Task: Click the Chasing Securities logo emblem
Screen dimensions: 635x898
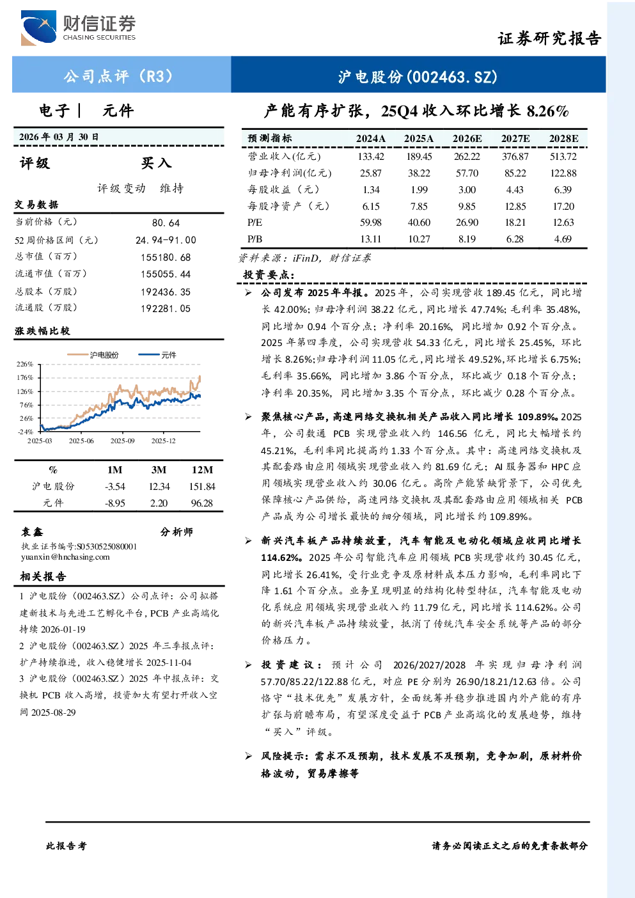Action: tap(39, 28)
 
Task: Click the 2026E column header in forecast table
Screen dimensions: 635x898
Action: tap(467, 139)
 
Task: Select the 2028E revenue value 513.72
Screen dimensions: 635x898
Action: tap(563, 156)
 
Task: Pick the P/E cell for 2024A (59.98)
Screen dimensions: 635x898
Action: tap(371, 223)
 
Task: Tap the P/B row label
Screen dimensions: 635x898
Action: tap(255, 239)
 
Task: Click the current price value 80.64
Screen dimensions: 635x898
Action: tap(166, 223)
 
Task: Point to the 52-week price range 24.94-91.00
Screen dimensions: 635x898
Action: tap(166, 240)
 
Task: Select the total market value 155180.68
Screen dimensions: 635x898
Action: tap(166, 257)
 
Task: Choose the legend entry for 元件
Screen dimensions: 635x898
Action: tap(157, 355)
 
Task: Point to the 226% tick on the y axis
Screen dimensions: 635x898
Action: tap(25, 364)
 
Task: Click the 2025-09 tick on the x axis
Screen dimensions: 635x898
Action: tap(122, 441)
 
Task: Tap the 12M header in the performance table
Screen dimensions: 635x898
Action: tap(202, 470)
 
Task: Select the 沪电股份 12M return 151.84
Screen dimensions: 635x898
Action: tap(202, 487)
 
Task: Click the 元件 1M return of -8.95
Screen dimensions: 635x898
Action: tap(115, 503)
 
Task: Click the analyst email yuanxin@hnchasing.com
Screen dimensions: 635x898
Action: tap(65, 557)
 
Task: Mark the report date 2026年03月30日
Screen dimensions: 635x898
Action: tap(59, 137)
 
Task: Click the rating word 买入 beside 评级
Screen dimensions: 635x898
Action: tap(156, 163)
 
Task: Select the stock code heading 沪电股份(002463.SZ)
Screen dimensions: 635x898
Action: tap(418, 77)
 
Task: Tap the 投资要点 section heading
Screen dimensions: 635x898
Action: tap(269, 275)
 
